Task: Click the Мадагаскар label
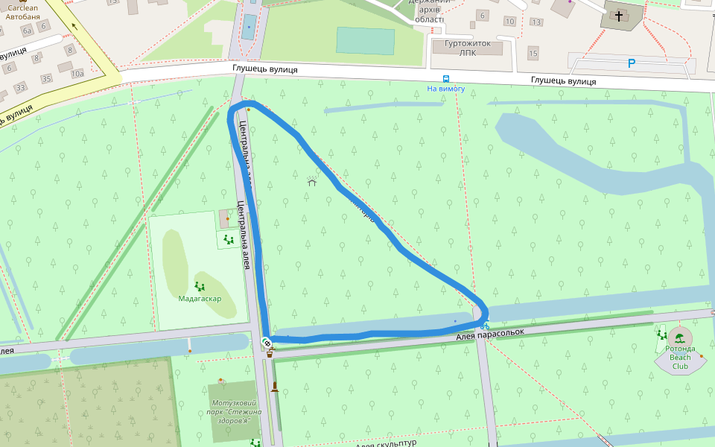[200, 298]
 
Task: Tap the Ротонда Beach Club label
[680, 358]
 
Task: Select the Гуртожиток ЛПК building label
[468, 48]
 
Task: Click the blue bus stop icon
[445, 78]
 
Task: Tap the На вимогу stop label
[445, 89]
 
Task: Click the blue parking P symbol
[632, 64]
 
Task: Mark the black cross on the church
[618, 15]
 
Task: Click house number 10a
[77, 73]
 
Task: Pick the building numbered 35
[46, 78]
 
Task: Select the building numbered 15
[533, 54]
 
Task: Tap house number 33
[20, 88]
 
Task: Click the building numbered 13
[536, 22]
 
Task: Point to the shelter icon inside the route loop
[312, 181]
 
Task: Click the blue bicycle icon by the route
[484, 326]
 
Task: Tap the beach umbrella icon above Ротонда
[680, 337]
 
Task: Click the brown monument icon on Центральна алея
[275, 386]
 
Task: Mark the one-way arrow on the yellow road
[74, 26]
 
